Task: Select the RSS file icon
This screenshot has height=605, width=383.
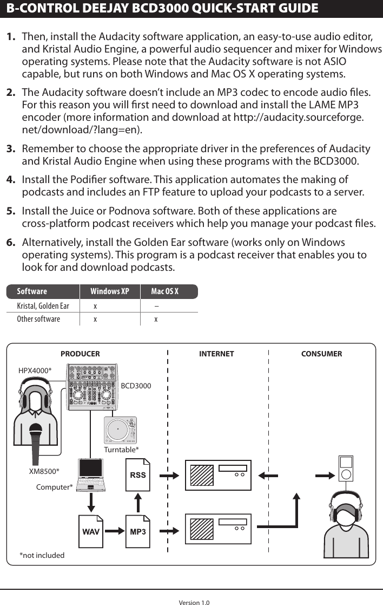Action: [x=138, y=475]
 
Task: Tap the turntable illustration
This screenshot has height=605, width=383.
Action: [x=120, y=431]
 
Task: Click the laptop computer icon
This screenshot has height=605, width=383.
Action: [x=91, y=475]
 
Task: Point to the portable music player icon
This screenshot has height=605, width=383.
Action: [x=346, y=468]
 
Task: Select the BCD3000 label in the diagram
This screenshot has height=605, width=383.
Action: [x=136, y=386]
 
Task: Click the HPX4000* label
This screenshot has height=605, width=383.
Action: [x=35, y=370]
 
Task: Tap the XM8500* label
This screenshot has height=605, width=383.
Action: [x=44, y=471]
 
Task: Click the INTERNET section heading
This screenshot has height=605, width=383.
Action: [x=216, y=354]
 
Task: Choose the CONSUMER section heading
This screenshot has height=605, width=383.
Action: [x=321, y=354]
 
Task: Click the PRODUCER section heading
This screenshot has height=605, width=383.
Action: [x=80, y=354]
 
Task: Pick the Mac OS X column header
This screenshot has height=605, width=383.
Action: [x=164, y=292]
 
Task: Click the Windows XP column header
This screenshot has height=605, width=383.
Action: [x=109, y=292]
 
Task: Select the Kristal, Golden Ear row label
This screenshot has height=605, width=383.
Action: [x=43, y=306]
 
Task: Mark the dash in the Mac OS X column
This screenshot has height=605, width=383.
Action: [x=156, y=306]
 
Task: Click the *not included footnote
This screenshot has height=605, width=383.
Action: [x=42, y=555]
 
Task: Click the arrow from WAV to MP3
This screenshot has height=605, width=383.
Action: [x=114, y=531]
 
